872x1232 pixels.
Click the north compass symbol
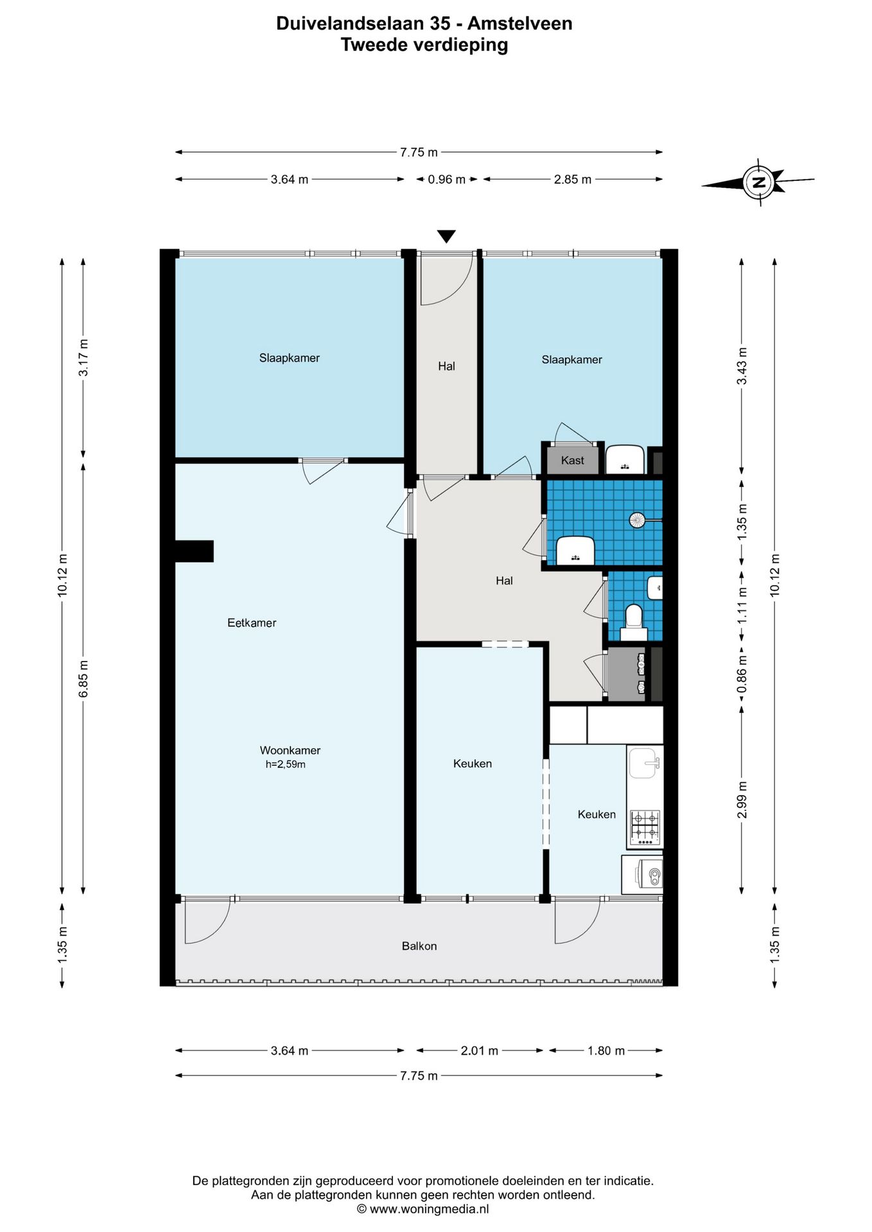(x=758, y=182)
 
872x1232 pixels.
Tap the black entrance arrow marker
(x=446, y=236)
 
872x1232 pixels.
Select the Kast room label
(x=572, y=460)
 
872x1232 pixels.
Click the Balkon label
(x=419, y=946)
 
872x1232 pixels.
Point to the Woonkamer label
(x=290, y=750)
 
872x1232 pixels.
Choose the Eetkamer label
(x=252, y=622)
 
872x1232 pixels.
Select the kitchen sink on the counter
(x=644, y=762)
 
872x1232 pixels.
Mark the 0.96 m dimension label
(x=447, y=180)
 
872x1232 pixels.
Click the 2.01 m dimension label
(x=480, y=1050)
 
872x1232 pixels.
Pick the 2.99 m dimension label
(x=742, y=800)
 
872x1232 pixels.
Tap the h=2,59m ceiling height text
(x=285, y=764)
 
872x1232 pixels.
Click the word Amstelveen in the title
(x=519, y=24)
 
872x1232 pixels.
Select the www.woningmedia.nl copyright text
(x=423, y=1209)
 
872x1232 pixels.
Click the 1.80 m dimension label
(x=606, y=1050)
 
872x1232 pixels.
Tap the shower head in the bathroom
(x=637, y=520)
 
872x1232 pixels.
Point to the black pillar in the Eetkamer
(x=194, y=551)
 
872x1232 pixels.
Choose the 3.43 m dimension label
(x=742, y=366)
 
